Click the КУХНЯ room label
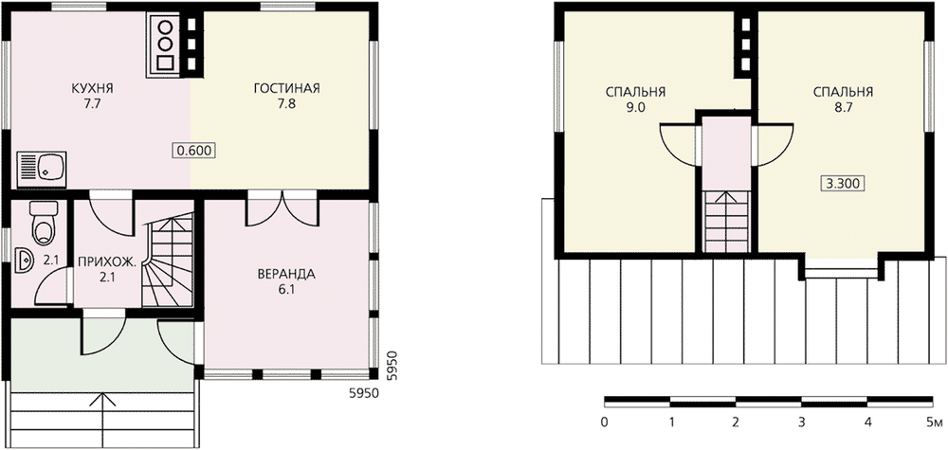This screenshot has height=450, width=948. pos(93,89)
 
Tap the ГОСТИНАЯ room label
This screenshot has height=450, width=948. pos(286,89)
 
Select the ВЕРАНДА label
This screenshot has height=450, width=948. pos(286,274)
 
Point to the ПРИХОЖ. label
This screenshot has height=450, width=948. pos(104,263)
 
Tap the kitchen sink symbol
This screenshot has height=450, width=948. pos(41,168)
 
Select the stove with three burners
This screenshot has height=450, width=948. pos(164,45)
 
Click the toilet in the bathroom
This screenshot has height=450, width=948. pos(43,223)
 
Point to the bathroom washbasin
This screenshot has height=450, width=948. pos(25,261)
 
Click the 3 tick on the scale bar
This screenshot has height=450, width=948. pos(802,422)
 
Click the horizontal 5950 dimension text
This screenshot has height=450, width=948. pos(363,394)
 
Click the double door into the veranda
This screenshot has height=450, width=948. pos(283,210)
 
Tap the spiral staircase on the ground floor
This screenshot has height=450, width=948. pos(168,260)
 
